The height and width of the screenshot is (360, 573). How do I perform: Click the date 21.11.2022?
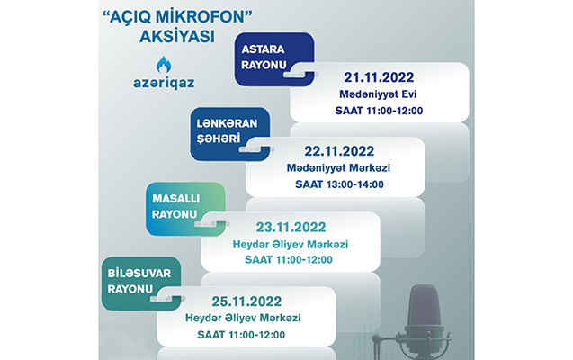(x=379, y=77)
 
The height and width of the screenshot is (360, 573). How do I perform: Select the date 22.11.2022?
(x=339, y=151)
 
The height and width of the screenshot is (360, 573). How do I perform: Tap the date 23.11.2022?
(x=291, y=228)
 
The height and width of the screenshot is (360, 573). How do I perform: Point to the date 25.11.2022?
(x=246, y=301)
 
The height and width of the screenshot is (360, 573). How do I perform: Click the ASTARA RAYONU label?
(x=264, y=57)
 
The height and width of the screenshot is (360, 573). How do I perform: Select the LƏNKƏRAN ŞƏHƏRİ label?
(x=227, y=130)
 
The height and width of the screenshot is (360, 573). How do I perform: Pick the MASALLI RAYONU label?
(x=175, y=206)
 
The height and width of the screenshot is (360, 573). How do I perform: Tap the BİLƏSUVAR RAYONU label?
(x=139, y=281)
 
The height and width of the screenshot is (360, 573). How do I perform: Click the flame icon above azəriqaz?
(x=164, y=65)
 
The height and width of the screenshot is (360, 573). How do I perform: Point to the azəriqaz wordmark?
(x=164, y=84)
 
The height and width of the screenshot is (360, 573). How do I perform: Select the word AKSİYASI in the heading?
(x=177, y=37)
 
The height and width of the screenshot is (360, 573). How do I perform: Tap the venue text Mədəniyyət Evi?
(x=378, y=94)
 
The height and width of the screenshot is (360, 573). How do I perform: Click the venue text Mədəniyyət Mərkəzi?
(x=338, y=168)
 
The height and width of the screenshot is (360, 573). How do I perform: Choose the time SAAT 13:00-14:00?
(x=339, y=184)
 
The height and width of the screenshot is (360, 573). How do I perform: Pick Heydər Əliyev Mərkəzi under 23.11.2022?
(x=291, y=244)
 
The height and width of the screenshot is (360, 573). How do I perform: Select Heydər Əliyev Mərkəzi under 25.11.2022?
(x=243, y=318)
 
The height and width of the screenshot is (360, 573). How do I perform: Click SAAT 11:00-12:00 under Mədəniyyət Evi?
(x=379, y=111)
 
